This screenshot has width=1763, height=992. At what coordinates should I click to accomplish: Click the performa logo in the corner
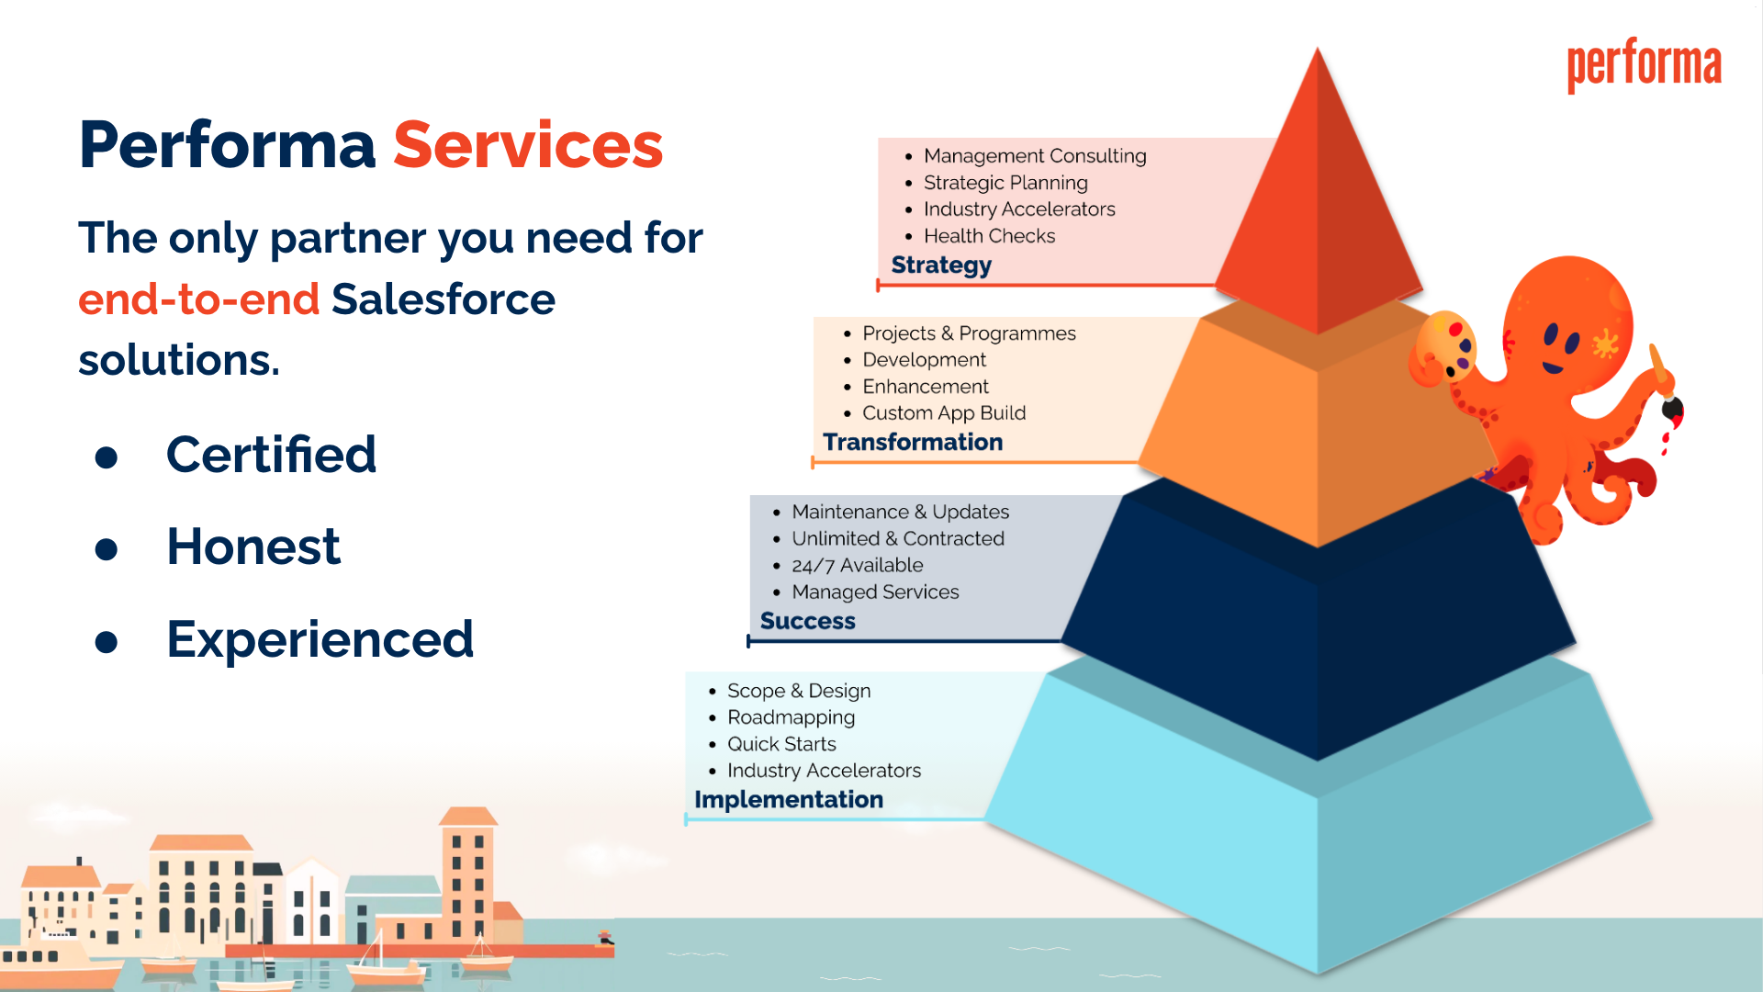[1644, 65]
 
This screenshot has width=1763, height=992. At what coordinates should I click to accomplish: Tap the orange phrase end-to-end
[198, 299]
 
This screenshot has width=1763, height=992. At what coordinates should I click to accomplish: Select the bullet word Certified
[271, 455]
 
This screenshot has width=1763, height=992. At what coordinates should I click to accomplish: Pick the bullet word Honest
[253, 547]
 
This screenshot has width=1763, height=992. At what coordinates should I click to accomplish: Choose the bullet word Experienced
[320, 639]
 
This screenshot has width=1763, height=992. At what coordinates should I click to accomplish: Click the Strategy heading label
[941, 265]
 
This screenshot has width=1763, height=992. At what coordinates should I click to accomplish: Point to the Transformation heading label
[913, 442]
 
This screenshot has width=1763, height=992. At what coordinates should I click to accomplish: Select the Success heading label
[807, 621]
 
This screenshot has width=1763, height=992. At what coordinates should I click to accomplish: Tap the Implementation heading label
[789, 799]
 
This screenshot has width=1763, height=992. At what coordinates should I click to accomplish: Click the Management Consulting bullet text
[1035, 156]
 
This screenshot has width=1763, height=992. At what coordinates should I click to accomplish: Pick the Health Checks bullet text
[989, 236]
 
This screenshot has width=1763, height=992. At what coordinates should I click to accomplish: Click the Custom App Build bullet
[944, 413]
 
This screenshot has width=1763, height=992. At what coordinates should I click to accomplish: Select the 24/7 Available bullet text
[858, 566]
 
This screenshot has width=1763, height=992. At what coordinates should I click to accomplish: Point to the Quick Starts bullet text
[781, 744]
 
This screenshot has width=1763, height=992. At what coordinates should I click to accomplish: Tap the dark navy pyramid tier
[1318, 625]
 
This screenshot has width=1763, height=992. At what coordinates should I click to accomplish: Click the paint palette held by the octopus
[1444, 344]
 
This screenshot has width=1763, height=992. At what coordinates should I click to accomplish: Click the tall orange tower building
[468, 873]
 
